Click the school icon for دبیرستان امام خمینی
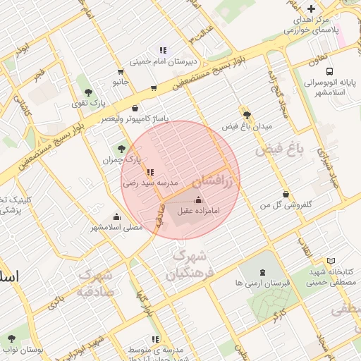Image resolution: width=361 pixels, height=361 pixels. point(163,50)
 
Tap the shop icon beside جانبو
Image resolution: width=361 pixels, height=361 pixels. point(121,71)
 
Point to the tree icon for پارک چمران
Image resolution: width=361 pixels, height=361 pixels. point(122,149)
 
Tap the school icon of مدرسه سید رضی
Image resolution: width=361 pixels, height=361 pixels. point(149,171)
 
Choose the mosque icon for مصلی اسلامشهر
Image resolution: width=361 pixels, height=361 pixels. point(117,216)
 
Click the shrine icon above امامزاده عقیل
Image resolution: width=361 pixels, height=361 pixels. point(197,200)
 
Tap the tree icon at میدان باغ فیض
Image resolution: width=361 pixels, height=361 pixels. point(246,115)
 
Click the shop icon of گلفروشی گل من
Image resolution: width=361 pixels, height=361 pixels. point(285,194)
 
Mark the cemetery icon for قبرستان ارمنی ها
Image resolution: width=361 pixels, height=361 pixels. point(262,272)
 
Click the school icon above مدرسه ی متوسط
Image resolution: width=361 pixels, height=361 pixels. point(154,339)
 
